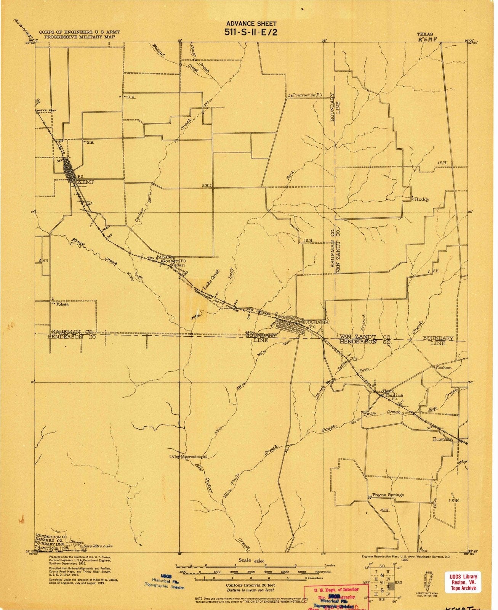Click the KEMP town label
click(x=86, y=183)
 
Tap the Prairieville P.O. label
click(x=307, y=95)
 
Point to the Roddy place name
click(x=422, y=199)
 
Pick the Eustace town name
click(x=442, y=439)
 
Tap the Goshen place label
click(x=444, y=368)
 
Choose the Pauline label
click(x=394, y=395)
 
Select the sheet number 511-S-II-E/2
click(x=251, y=32)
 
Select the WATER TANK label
click(x=46, y=111)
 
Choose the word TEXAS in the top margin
click(x=425, y=34)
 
